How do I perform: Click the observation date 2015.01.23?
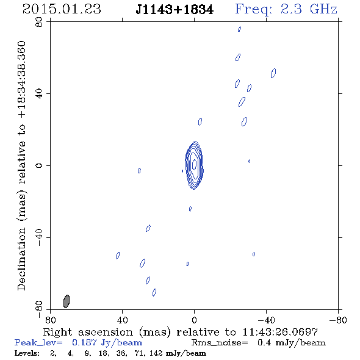(62, 9)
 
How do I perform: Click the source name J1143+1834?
(175, 10)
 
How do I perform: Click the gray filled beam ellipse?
(67, 301)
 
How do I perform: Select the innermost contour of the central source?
(195, 164)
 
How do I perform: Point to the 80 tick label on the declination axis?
(39, 22)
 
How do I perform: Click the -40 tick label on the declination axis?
(39, 237)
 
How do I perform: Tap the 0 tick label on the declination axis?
(39, 165)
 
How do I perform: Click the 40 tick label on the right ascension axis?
(122, 320)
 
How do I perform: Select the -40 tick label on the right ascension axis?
(266, 320)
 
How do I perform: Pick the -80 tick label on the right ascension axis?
(338, 320)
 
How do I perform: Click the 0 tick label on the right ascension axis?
(194, 320)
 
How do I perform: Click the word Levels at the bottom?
(27, 353)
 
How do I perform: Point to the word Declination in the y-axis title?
(21, 259)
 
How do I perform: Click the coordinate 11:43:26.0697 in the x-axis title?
(280, 332)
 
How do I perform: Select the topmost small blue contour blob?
(239, 29)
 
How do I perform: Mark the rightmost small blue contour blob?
(273, 73)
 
